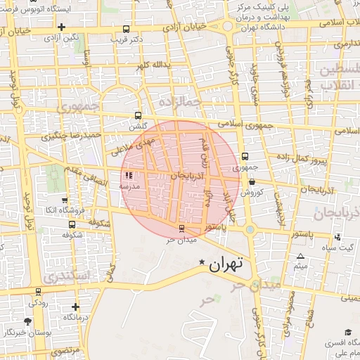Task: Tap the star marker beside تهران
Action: (x=202, y=263)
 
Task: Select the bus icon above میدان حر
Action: (x=183, y=229)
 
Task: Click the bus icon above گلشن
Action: (x=139, y=117)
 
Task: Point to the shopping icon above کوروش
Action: (x=252, y=181)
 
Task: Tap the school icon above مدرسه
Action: (x=128, y=176)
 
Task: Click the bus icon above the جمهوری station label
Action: (x=245, y=157)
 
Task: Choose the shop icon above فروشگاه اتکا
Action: (x=65, y=200)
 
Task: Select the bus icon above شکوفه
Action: (x=73, y=224)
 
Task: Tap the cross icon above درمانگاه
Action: (x=76, y=307)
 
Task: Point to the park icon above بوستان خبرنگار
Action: (x=27, y=321)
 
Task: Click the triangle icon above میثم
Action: (x=301, y=257)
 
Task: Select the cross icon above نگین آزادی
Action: (x=62, y=27)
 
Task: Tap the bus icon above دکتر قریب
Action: (x=126, y=30)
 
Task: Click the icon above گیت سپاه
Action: (x=338, y=237)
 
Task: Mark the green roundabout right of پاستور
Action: (x=250, y=229)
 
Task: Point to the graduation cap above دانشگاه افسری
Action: (x=348, y=333)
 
